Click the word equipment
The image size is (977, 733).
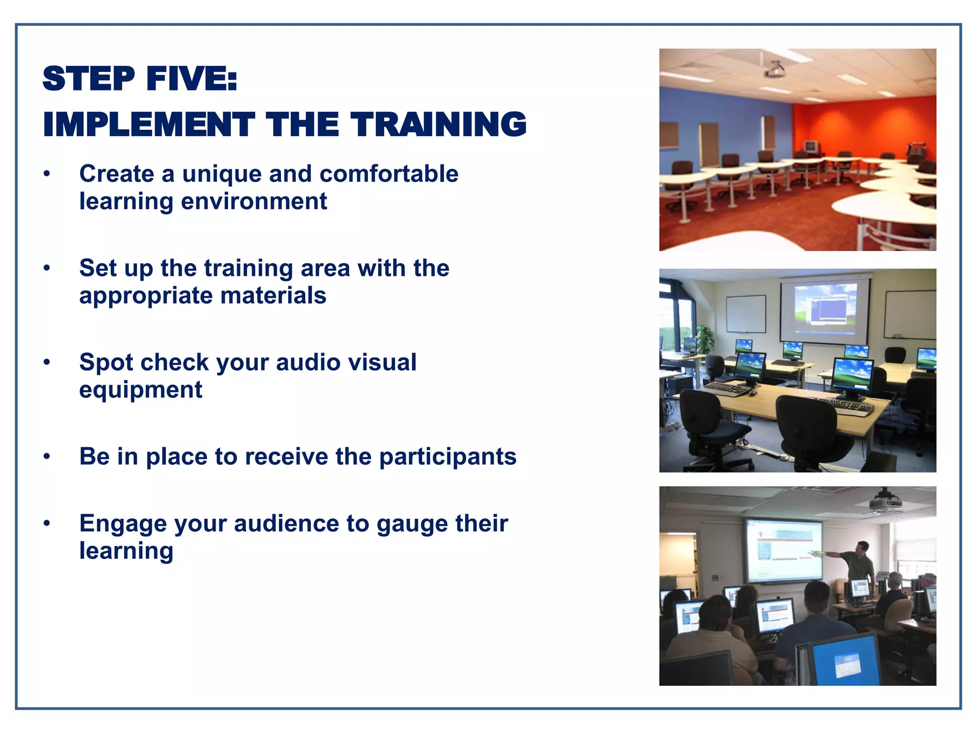coord(141,390)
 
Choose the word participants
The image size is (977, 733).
coord(447,457)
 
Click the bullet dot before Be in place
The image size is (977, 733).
coord(47,457)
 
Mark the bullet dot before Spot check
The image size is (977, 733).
coord(47,362)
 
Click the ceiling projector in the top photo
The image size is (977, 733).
coord(774,71)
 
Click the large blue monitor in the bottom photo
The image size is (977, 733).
coord(845,661)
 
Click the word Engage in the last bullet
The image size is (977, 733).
coord(123,524)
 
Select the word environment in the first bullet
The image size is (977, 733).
coord(254,201)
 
